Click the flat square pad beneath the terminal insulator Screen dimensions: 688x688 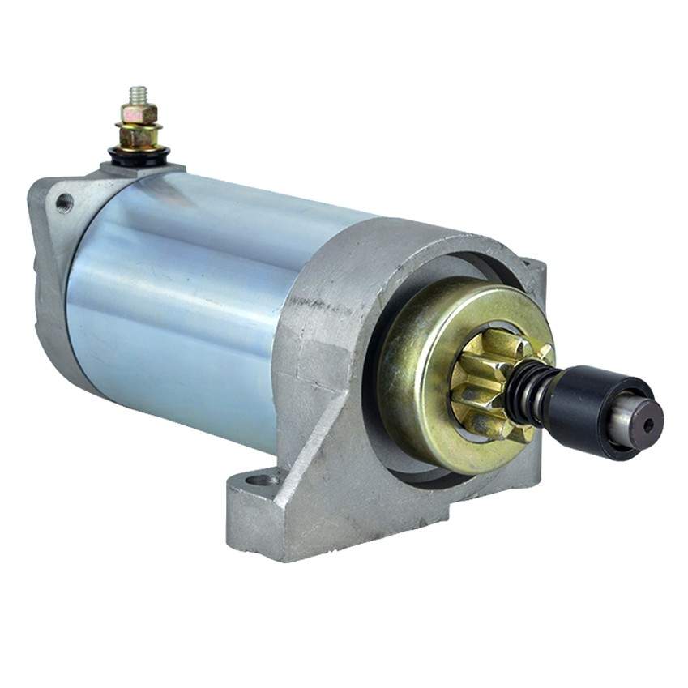coord(142,169)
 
